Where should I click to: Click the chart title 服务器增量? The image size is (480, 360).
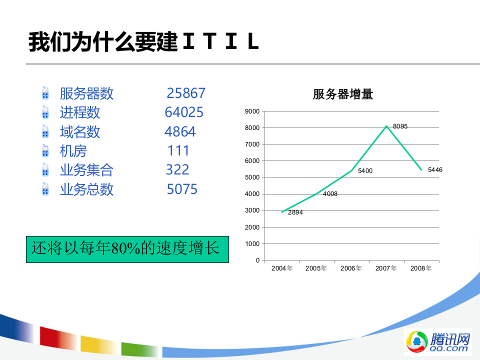(x=343, y=94)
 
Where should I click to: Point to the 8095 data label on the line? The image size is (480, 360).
(x=400, y=126)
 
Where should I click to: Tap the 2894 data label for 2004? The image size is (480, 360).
(x=295, y=212)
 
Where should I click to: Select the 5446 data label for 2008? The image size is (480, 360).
(x=435, y=170)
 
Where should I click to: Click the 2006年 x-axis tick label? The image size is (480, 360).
(x=351, y=268)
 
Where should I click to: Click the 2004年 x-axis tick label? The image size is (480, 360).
(x=282, y=268)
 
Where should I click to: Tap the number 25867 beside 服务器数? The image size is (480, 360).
(x=186, y=93)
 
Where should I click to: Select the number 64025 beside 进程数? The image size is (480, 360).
(x=184, y=112)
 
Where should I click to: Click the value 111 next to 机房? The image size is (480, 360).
(x=178, y=150)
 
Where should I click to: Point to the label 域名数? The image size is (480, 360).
(x=80, y=132)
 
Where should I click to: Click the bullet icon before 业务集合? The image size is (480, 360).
(x=45, y=170)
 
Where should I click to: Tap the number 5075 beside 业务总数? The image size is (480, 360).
(x=182, y=189)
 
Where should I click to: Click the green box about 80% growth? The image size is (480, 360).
(x=127, y=249)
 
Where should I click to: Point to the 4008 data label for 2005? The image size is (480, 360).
(x=330, y=193)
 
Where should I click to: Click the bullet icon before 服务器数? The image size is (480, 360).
(x=45, y=93)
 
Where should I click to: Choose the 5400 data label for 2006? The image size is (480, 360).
(x=365, y=171)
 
